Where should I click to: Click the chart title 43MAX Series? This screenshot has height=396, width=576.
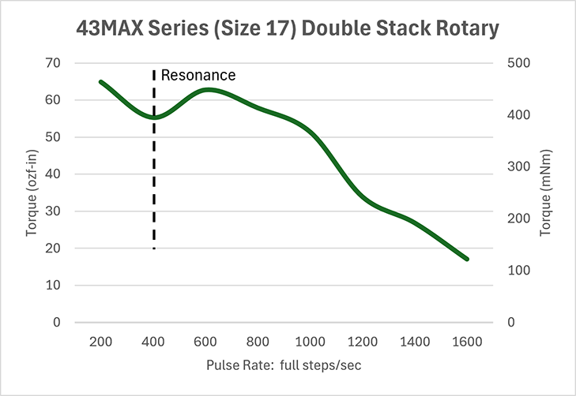pyautogui.click(x=288, y=29)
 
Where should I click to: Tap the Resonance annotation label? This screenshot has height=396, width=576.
pyautogui.click(x=198, y=76)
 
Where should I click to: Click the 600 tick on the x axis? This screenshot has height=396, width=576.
pyautogui.click(x=205, y=342)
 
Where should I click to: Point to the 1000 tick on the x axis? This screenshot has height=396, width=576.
pyautogui.click(x=310, y=342)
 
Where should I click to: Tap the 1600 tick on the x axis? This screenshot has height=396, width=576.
pyautogui.click(x=467, y=342)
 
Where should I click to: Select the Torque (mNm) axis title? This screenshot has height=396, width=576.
pyautogui.click(x=545, y=193)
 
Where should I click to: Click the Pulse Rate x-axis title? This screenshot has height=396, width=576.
pyautogui.click(x=284, y=367)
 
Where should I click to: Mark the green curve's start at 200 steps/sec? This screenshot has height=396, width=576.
pyautogui.click(x=100, y=82)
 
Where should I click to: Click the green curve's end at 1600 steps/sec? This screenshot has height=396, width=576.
pyautogui.click(x=467, y=259)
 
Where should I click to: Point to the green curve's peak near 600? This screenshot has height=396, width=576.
pyautogui.click(x=207, y=90)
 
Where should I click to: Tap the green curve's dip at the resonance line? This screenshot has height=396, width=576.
pyautogui.click(x=154, y=118)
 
